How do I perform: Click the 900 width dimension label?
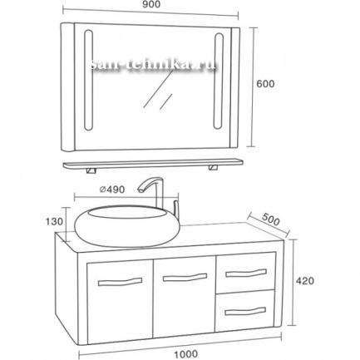point(152,4)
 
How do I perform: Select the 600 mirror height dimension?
point(265,84)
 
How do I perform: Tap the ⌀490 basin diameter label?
point(112,190)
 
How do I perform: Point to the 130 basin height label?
point(55,221)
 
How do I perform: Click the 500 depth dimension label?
point(270,219)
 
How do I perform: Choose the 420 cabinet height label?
point(305,281)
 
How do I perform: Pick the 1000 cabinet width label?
point(186,353)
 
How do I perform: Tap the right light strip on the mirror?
point(218,81)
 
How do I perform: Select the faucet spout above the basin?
point(151,185)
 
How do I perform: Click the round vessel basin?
point(127,226)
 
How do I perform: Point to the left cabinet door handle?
point(121,282)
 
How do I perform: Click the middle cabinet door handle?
point(185,278)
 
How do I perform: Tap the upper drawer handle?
point(246,273)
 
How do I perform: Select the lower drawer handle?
point(245,311)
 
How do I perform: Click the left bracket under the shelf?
point(91,170)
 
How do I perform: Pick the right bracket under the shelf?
point(214,167)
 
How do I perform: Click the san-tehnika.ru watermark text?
point(153,67)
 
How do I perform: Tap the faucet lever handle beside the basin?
point(175,207)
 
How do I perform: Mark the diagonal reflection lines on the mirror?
point(158,89)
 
